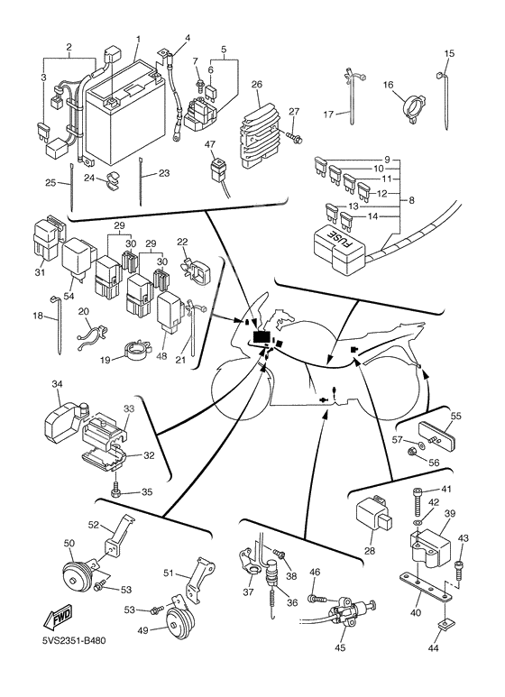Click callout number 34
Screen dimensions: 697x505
pyautogui.click(x=57, y=384)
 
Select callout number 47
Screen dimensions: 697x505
pyautogui.click(x=209, y=144)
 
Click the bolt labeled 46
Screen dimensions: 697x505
pyautogui.click(x=317, y=597)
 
